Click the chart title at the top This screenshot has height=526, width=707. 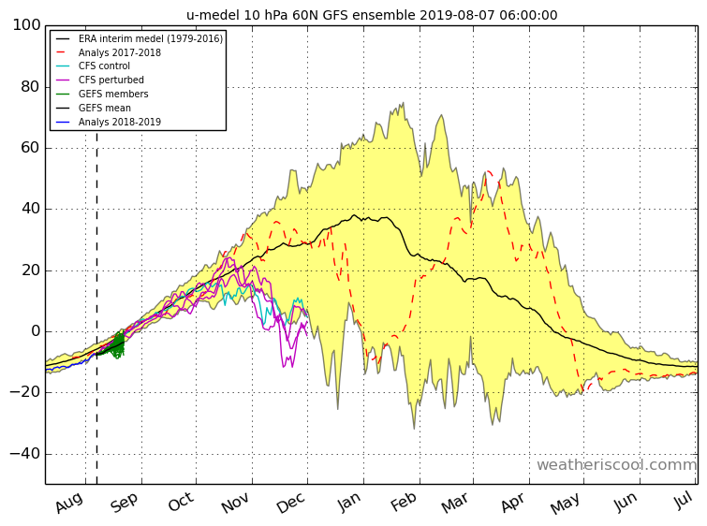click(372, 15)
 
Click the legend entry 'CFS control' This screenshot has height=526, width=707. click(104, 66)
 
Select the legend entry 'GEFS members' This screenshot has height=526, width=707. click(113, 94)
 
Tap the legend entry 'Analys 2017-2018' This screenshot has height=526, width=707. click(120, 52)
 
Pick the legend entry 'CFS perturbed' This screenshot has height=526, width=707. click(110, 80)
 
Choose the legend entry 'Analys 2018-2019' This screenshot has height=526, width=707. click(120, 122)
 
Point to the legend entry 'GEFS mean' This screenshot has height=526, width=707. click(105, 108)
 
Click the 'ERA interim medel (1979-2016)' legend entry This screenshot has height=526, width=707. click(151, 38)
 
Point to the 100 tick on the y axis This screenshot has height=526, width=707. click(26, 24)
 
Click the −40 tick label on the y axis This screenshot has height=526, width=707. click(24, 453)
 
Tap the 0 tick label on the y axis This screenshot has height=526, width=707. click(36, 331)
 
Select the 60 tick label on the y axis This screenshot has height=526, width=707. click(31, 147)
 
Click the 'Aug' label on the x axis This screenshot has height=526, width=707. click(69, 503)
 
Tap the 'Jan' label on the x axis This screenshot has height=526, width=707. click(349, 502)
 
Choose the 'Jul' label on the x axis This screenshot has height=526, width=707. click(684, 501)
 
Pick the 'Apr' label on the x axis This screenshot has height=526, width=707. click(513, 502)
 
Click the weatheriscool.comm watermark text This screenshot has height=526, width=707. click(616, 465)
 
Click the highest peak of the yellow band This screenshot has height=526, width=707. click(403, 103)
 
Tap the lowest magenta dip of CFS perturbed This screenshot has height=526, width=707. click(284, 367)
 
